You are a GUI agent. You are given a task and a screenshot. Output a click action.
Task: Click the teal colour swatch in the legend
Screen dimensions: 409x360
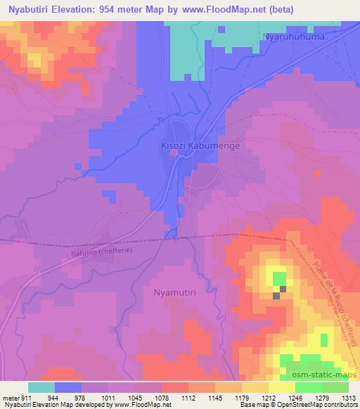(x=41, y=387)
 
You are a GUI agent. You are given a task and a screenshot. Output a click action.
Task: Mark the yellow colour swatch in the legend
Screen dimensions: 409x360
(x=281, y=387)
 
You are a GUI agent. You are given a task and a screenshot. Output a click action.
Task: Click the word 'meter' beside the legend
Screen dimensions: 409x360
(x=10, y=397)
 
